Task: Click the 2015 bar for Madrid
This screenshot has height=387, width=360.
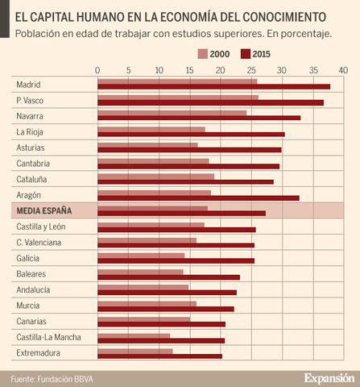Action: click(213, 86)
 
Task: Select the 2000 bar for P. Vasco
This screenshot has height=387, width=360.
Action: click(177, 98)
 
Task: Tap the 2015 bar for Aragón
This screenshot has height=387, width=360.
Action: click(198, 198)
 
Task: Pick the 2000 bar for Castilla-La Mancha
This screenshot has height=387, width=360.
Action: click(134, 335)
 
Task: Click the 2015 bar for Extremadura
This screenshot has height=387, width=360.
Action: click(159, 356)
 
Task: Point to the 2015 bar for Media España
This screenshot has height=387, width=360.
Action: click(181, 214)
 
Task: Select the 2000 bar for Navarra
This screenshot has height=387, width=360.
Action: click(172, 113)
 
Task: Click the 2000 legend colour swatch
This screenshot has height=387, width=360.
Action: click(202, 54)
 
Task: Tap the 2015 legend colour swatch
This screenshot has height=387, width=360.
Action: click(246, 54)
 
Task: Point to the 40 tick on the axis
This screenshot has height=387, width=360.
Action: click(343, 70)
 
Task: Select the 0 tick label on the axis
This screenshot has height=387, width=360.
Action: click(97, 70)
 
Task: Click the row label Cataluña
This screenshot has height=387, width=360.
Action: click(31, 179)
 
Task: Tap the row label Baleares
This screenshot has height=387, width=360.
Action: click(32, 273)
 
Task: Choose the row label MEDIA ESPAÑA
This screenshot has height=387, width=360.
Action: click(44, 210)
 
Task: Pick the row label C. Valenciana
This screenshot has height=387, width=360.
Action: click(39, 242)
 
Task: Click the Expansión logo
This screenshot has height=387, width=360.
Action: click(329, 377)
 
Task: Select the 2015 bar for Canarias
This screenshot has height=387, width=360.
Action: click(161, 324)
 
